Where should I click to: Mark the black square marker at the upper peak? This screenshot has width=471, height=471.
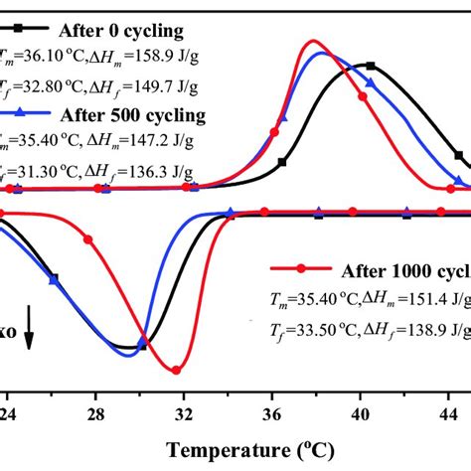tap(370, 66)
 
